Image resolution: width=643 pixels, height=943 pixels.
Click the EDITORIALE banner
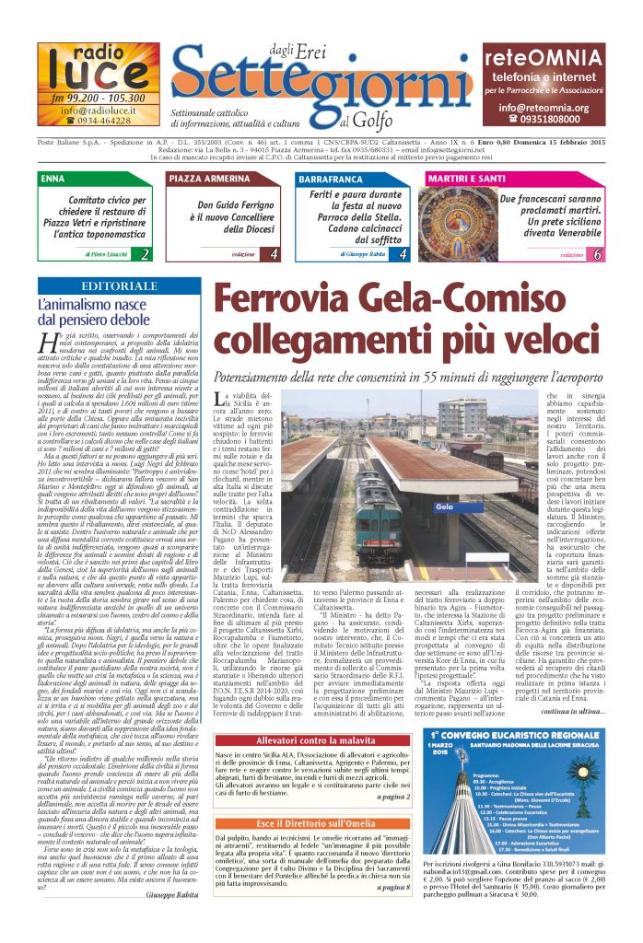click(119, 286)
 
